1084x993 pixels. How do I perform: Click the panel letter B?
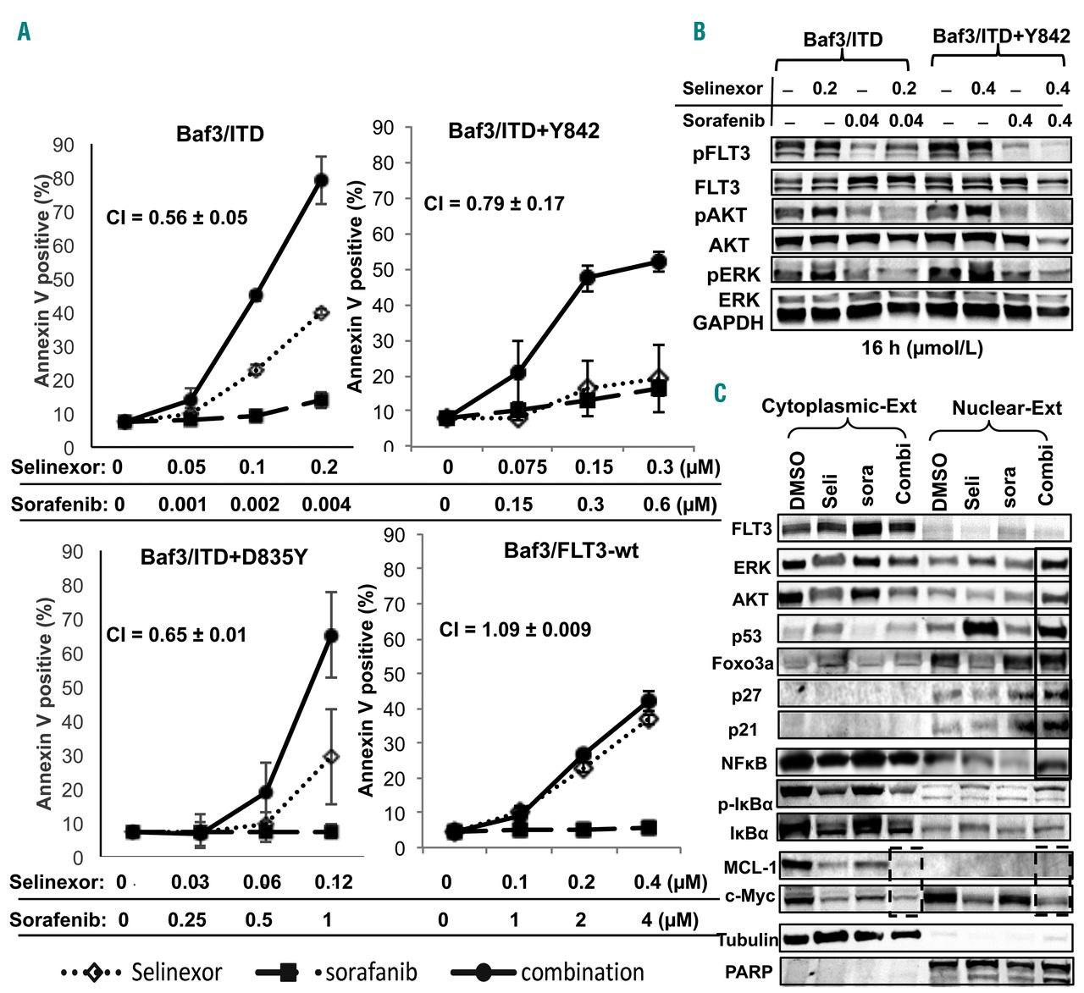point(699,32)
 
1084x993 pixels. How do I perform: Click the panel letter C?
point(720,393)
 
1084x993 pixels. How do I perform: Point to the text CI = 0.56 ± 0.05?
point(176,218)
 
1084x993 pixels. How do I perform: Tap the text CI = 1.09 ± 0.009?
point(515,629)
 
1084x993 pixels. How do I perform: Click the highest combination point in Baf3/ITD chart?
point(321,179)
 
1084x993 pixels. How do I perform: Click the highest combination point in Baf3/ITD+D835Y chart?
point(331,635)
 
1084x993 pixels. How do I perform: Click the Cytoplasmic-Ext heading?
point(838,406)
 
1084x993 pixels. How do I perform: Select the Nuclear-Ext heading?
point(1006,408)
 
